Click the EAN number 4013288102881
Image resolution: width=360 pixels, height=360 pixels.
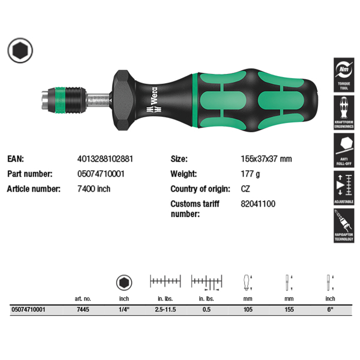point(105,159)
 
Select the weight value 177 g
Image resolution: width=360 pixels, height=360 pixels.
point(250,174)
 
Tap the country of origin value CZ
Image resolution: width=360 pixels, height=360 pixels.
point(245,189)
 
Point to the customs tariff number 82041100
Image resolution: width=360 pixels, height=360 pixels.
point(258,204)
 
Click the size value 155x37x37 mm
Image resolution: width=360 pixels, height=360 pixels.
point(266,159)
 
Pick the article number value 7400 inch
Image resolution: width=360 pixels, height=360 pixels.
point(94,189)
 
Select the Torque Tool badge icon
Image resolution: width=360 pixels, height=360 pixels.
point(344,75)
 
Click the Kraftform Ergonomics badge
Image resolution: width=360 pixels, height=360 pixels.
point(344,113)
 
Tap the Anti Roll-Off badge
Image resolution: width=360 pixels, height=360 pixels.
point(344,150)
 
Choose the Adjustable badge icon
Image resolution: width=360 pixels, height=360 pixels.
point(344,188)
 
